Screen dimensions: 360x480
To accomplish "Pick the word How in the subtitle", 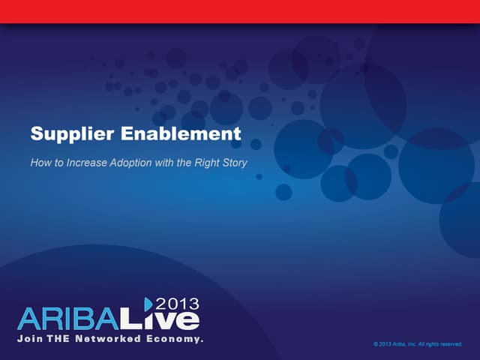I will point(40,161).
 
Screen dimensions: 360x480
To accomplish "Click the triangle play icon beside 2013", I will point(148,303).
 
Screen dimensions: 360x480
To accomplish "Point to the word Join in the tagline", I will point(31,339).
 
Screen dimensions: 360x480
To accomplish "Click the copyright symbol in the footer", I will point(374,344).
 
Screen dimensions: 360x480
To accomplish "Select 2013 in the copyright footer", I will point(384,344).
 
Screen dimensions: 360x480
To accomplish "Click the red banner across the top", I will point(240,11).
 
